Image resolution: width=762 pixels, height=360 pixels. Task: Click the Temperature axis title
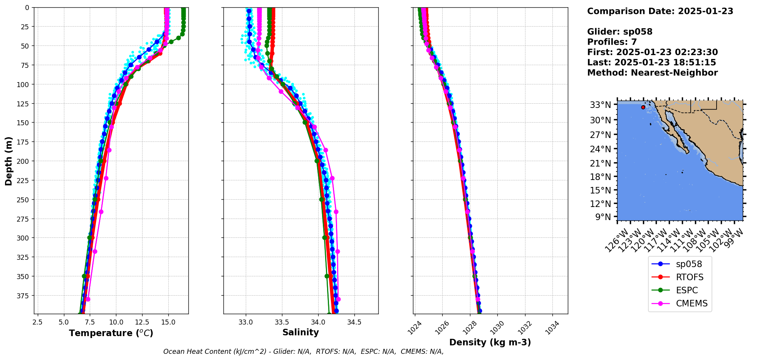pyautogui.click(x=111, y=333)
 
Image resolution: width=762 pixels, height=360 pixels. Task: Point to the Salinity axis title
pyautogui.click(x=300, y=332)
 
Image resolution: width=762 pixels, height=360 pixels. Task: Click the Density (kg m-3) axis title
pyautogui.click(x=490, y=342)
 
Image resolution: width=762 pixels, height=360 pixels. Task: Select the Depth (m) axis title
pyautogui.click(x=8, y=161)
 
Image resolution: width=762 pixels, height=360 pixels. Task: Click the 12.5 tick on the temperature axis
pyautogui.click(x=142, y=322)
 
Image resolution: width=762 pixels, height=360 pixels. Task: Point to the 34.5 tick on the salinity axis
pyautogui.click(x=354, y=322)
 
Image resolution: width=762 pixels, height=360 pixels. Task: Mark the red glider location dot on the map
pyautogui.click(x=643, y=107)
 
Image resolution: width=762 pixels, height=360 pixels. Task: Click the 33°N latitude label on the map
pyautogui.click(x=600, y=105)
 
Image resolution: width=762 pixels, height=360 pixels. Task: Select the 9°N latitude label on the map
pyautogui.click(x=603, y=217)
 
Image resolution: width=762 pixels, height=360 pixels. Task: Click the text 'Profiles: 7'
pyautogui.click(x=612, y=42)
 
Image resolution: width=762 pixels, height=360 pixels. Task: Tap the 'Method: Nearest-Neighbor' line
pyautogui.click(x=652, y=73)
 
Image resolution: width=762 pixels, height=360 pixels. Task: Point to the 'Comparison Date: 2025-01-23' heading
pyautogui.click(x=660, y=11)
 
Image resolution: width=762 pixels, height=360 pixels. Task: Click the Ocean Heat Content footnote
pyautogui.click(x=303, y=352)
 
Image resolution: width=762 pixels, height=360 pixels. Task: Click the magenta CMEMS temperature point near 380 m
pyautogui.click(x=88, y=299)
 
